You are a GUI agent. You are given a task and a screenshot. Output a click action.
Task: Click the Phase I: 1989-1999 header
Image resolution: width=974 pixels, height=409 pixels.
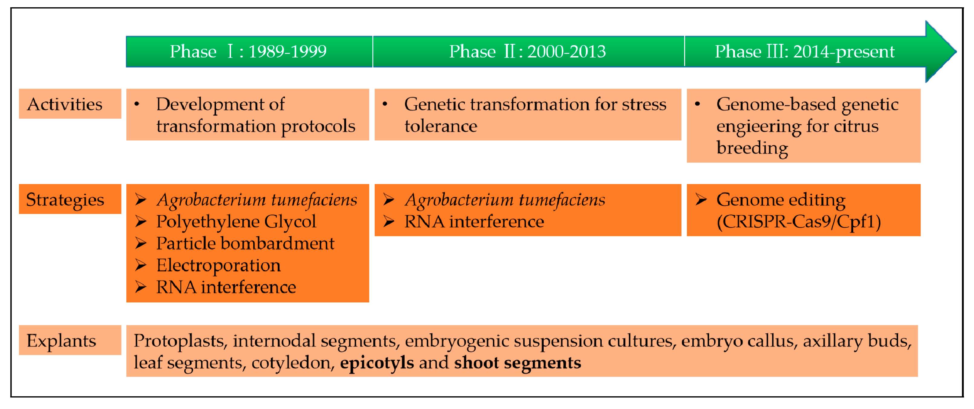tap(248, 51)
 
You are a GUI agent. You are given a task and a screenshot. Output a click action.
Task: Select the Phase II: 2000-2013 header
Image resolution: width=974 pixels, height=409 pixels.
tap(527, 51)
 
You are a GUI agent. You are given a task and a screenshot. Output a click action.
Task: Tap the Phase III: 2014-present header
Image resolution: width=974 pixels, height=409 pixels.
tap(804, 51)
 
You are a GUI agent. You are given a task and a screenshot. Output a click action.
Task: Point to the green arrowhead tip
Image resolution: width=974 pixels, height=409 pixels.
tap(956, 51)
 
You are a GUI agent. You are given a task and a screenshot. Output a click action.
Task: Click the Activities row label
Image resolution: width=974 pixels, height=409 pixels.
tap(65, 104)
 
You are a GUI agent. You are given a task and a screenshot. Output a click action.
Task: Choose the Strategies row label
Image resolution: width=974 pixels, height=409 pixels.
tap(65, 200)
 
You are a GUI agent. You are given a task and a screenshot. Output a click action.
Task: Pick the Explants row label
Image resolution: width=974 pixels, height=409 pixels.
tap(61, 341)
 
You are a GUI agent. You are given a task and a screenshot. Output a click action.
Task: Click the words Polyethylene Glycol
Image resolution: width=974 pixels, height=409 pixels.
tap(236, 222)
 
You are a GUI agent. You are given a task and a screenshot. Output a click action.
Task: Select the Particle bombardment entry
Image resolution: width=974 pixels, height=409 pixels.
tap(245, 243)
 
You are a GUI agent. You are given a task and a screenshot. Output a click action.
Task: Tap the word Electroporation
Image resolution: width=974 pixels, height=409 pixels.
tap(218, 266)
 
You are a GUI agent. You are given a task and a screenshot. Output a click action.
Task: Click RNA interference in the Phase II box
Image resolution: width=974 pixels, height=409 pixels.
tap(474, 222)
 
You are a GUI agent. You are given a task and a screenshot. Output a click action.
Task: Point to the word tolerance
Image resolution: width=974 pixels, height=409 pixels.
tap(441, 126)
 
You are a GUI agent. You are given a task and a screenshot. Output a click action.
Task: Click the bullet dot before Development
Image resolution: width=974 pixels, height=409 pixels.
tap(137, 104)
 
